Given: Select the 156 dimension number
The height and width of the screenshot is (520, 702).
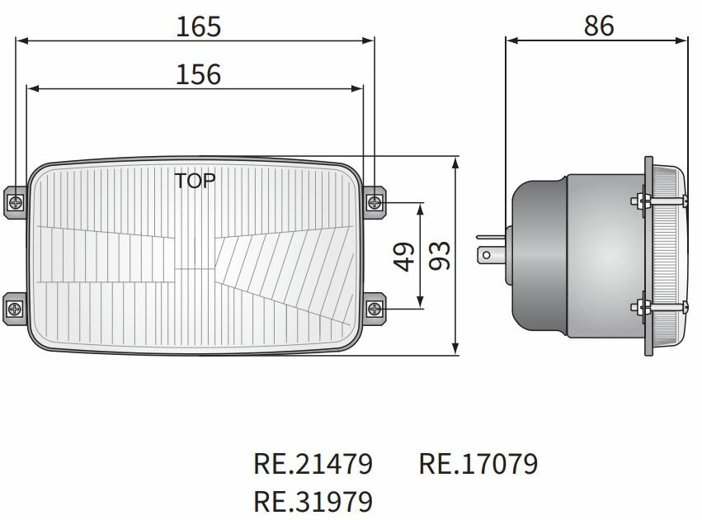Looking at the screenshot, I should click(x=198, y=74).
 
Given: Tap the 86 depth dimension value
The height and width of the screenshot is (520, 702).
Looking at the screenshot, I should click(x=599, y=26).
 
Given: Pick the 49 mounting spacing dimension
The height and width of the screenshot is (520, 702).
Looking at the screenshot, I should click(x=404, y=256).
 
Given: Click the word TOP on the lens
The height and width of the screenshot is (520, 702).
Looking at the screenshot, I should click(x=194, y=181).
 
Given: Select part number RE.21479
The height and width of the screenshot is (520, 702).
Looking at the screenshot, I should click(x=313, y=463).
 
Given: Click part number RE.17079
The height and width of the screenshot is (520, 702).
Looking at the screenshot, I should click(x=478, y=463).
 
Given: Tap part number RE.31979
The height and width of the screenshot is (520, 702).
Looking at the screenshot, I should click(x=313, y=501).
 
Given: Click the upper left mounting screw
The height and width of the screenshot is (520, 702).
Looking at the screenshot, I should click(x=16, y=201).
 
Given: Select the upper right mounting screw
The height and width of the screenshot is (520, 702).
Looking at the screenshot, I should click(x=375, y=201).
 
